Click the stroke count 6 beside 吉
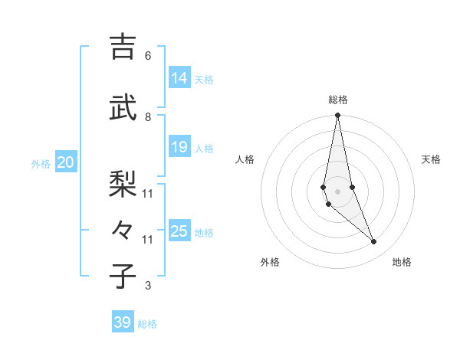148,55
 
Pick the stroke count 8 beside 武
148,116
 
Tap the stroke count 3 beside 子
148,286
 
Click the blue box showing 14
179,77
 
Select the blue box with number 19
179,146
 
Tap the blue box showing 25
179,231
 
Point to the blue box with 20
66,162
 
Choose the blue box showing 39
122,322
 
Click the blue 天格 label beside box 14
204,79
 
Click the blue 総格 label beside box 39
147,324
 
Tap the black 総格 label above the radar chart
337,100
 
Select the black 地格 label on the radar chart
402,262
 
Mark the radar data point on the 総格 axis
337,116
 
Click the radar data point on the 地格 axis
374,242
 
